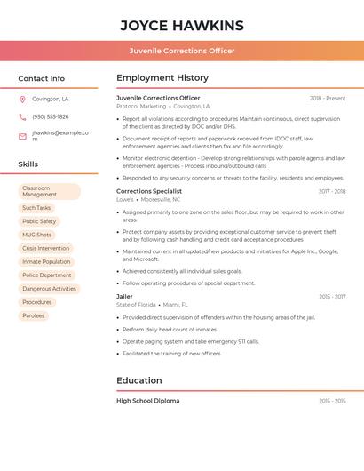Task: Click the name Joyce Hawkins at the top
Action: pos(182,25)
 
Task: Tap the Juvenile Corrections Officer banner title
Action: pos(182,51)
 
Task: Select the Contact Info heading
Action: pos(41,78)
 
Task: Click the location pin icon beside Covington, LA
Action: pos(22,100)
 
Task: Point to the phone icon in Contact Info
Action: pos(22,116)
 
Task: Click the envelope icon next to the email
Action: pos(22,136)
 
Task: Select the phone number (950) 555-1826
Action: pos(51,116)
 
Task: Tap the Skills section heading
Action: pos(28,164)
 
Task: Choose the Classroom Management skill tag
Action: pos(49,191)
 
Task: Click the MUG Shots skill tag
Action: pos(37,235)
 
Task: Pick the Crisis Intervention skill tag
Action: pos(45,248)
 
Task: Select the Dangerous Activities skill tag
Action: pos(49,289)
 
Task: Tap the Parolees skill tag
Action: pos(34,315)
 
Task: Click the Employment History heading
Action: pos(162,78)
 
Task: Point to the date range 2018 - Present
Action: pos(328,98)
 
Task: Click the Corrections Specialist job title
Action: pos(149,191)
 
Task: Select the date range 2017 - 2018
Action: pos(332,191)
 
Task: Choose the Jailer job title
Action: pos(124,296)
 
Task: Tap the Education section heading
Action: pos(139,381)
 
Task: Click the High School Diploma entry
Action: pos(148,401)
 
